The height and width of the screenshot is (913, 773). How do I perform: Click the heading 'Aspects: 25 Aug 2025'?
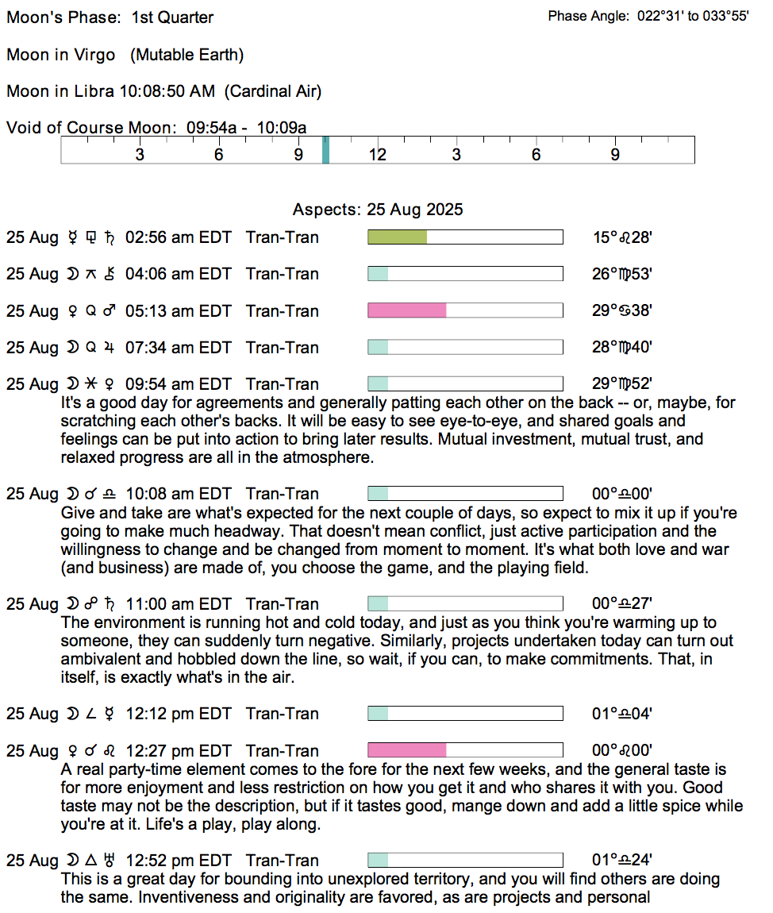pyautogui.click(x=378, y=210)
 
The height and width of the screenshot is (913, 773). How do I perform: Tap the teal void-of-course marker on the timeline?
pyautogui.click(x=325, y=150)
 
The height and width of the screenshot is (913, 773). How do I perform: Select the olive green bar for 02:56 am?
pyautogui.click(x=397, y=237)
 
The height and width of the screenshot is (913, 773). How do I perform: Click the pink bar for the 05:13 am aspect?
pyautogui.click(x=406, y=310)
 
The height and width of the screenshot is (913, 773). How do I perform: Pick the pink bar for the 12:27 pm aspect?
pyautogui.click(x=406, y=750)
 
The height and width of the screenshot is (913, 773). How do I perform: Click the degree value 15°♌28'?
pyautogui.click(x=622, y=237)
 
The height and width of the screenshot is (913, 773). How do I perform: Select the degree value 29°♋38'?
pyautogui.click(x=622, y=310)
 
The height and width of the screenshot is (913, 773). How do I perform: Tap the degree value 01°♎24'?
pyautogui.click(x=622, y=861)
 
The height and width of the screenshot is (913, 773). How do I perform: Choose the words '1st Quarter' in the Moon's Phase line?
pyautogui.click(x=172, y=17)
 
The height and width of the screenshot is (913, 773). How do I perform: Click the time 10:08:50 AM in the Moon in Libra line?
pyautogui.click(x=167, y=91)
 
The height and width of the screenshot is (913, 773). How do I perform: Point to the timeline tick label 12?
pyautogui.click(x=377, y=155)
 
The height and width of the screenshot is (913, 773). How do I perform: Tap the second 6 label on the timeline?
pyautogui.click(x=536, y=155)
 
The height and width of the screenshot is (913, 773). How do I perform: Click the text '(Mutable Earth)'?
pyautogui.click(x=187, y=55)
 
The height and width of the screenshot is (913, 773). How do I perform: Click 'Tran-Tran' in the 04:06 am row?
pyautogui.click(x=282, y=274)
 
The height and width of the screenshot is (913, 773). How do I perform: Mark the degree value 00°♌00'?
pyautogui.click(x=622, y=750)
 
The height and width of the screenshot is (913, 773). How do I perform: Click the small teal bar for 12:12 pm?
pyautogui.click(x=378, y=714)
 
